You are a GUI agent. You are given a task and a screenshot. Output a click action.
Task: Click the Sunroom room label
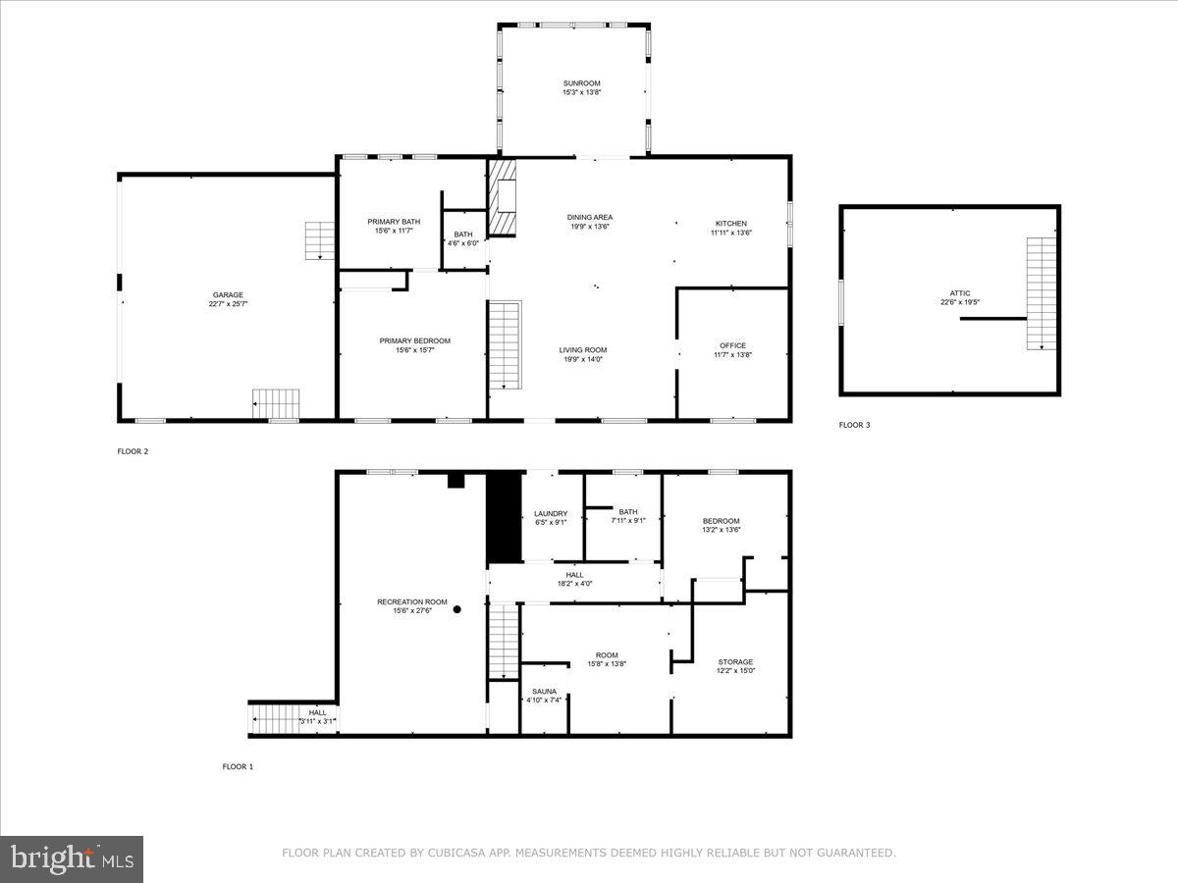coord(581,83)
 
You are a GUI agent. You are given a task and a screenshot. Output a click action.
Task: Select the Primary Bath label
coord(394,222)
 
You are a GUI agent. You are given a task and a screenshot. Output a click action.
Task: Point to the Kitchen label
coord(730,224)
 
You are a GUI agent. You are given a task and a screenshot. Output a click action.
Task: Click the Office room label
coord(732,345)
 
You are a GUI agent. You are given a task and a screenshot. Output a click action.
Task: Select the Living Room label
coord(583,350)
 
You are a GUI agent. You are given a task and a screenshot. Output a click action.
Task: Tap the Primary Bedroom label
coord(414,340)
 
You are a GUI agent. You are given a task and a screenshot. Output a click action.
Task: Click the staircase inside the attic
coord(1041,293)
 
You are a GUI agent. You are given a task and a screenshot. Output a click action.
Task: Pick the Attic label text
coord(959,292)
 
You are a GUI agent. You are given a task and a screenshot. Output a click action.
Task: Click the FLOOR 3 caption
coord(854,425)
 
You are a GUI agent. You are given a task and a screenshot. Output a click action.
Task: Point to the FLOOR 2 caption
coord(133,451)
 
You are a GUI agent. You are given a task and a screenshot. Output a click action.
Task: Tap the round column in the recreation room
coord(457,609)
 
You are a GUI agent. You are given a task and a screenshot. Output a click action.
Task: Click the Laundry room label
coord(551,513)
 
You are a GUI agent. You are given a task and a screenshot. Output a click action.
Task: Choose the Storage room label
coord(735,662)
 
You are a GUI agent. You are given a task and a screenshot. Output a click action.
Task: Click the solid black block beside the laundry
coord(505,518)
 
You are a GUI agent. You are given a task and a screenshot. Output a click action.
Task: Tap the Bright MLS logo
coord(73,858)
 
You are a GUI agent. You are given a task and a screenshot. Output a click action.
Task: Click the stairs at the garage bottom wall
coord(276,404)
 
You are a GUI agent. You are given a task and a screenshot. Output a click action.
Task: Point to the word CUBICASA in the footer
coord(455,854)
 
